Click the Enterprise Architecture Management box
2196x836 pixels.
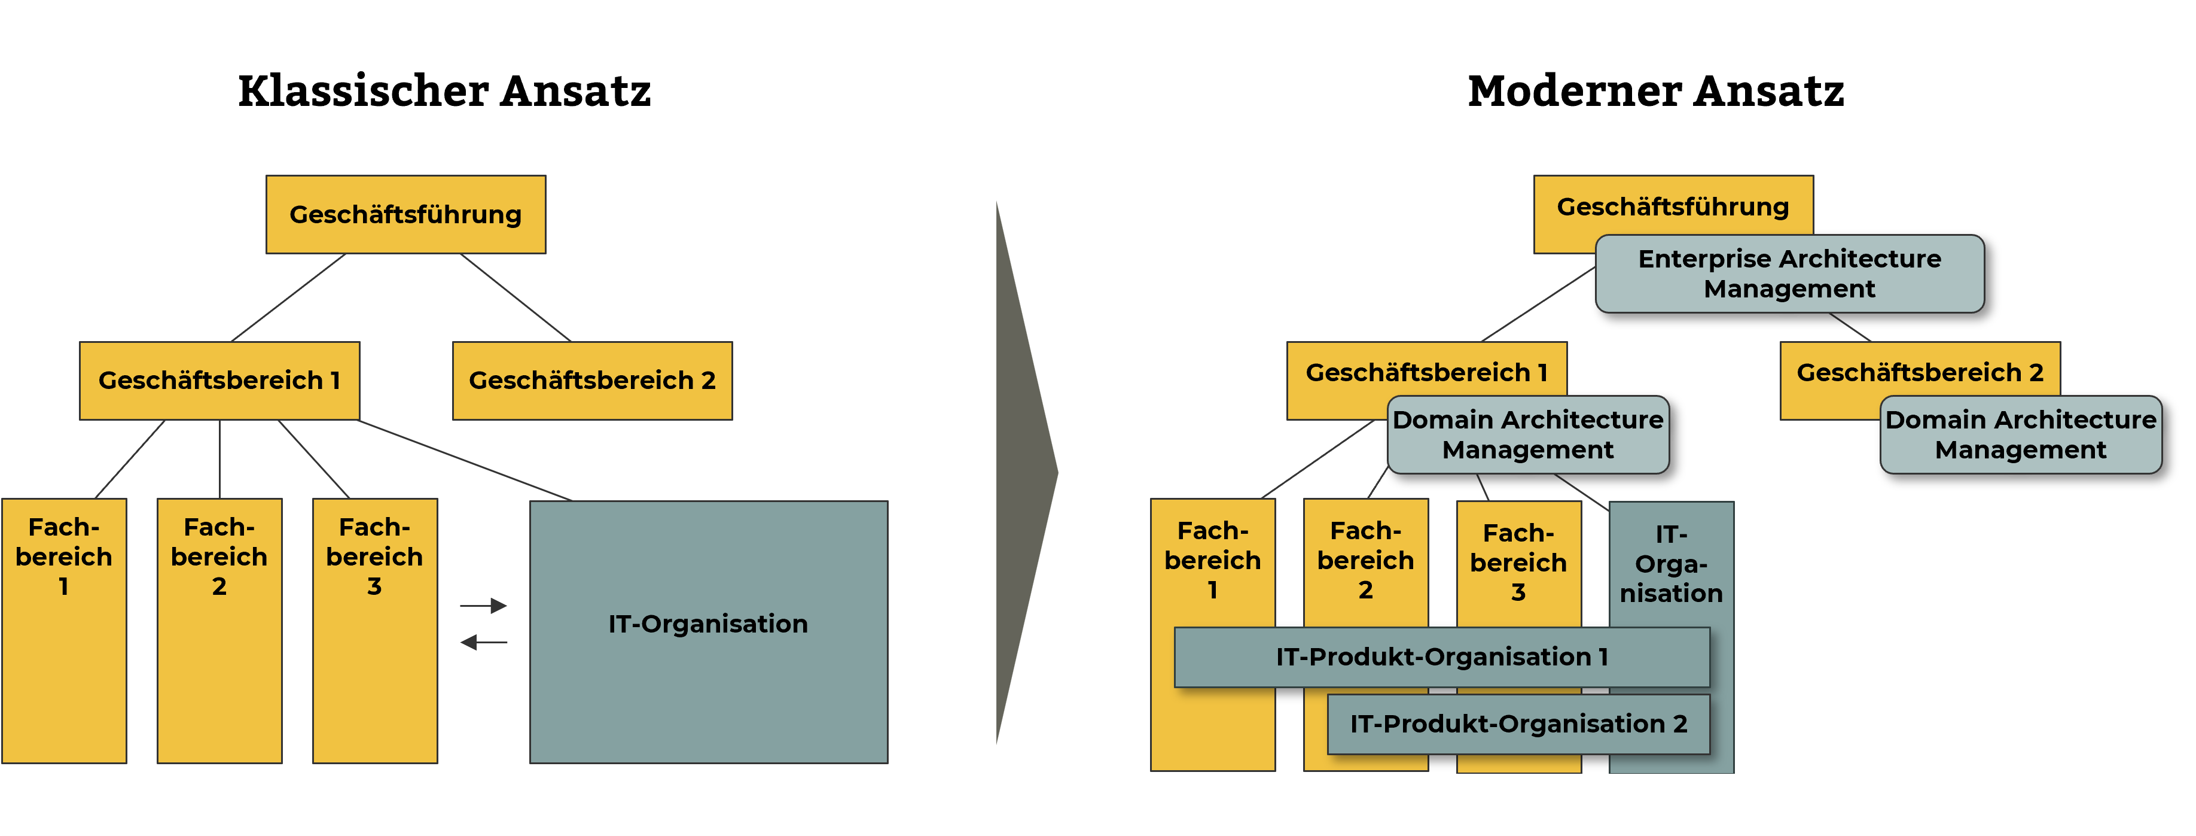1789,274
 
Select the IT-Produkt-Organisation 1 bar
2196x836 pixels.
1441,657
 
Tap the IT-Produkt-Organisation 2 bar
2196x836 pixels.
1518,724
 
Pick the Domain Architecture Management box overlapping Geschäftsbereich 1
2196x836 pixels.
1527,434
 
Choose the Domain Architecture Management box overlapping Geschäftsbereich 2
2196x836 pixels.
2020,434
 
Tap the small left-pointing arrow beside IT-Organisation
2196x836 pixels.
483,642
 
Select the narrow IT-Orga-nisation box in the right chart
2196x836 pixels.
1671,563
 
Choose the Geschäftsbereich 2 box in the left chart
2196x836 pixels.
591,381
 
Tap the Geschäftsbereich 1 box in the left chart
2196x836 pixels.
219,381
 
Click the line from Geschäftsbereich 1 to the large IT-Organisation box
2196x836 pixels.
465,460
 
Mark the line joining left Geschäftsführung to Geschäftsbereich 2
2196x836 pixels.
515,297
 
